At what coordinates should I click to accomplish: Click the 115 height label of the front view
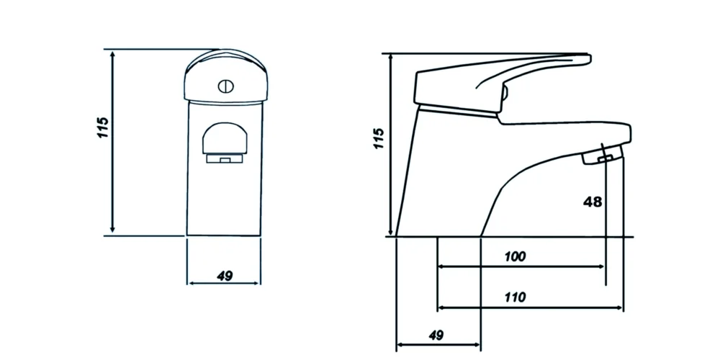click(x=103, y=127)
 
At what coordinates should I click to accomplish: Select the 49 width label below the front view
click(x=224, y=276)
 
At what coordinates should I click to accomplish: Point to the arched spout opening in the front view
click(x=226, y=139)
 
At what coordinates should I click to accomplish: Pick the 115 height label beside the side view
click(x=379, y=138)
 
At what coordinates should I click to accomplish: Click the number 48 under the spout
click(x=592, y=202)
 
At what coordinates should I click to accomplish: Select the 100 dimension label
click(x=515, y=256)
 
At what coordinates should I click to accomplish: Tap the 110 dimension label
click(x=515, y=297)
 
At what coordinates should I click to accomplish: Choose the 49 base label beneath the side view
click(x=435, y=335)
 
